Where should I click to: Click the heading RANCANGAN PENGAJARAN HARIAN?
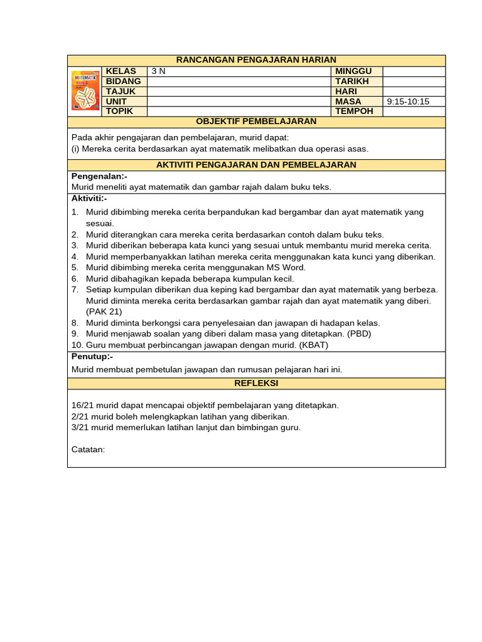[x=256, y=60]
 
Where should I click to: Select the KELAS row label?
[x=120, y=71]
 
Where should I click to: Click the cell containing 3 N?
[x=159, y=71]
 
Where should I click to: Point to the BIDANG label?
[x=123, y=82]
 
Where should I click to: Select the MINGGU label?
[x=353, y=71]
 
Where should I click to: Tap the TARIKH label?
[x=351, y=82]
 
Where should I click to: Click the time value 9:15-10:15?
[x=408, y=102]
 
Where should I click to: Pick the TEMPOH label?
[x=354, y=111]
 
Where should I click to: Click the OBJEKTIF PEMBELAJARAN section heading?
[x=256, y=122]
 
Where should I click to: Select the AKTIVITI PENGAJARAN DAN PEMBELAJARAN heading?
[x=256, y=165]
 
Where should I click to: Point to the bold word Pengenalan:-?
[x=99, y=177]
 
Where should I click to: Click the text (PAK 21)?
[x=104, y=312]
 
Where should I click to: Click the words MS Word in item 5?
[x=287, y=268]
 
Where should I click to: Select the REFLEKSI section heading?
[x=256, y=383]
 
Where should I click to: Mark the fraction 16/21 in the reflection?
[x=82, y=406]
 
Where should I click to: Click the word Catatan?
[x=88, y=450]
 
